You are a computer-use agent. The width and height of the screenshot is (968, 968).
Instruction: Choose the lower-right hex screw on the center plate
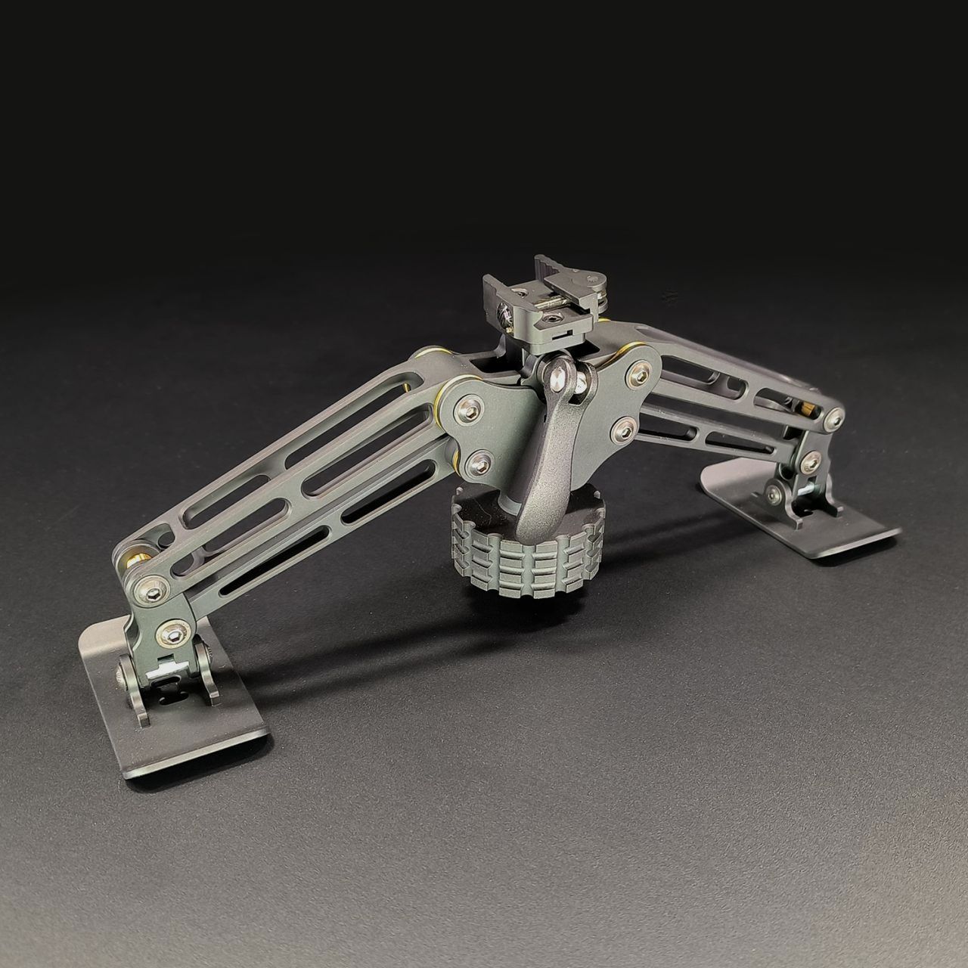(625, 429)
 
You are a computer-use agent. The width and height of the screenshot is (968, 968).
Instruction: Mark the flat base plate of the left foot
(174, 726)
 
